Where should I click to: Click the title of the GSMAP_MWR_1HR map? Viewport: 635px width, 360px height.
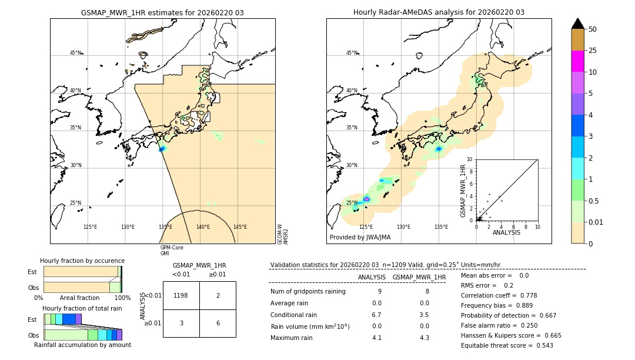click(x=162, y=12)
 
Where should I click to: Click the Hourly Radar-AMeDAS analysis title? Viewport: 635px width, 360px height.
click(x=439, y=12)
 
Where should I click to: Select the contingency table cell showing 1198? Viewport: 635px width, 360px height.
click(x=181, y=295)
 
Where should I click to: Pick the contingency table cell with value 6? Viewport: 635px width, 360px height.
click(x=218, y=323)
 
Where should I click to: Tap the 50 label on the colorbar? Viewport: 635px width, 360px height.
click(x=593, y=29)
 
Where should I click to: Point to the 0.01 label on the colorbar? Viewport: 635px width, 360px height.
click(x=596, y=222)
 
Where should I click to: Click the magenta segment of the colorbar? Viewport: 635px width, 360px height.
click(x=577, y=61)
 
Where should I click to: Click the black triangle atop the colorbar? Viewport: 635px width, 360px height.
click(x=577, y=24)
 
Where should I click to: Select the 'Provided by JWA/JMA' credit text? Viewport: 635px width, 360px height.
click(x=360, y=237)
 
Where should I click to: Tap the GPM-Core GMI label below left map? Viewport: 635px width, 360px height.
click(x=171, y=251)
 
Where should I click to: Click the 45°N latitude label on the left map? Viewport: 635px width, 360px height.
click(x=75, y=53)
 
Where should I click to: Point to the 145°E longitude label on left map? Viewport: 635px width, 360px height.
click(x=240, y=227)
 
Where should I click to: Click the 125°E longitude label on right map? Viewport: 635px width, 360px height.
click(x=366, y=227)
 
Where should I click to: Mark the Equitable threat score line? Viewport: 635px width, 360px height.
click(x=507, y=345)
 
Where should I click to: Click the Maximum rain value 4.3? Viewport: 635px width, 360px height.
click(x=424, y=338)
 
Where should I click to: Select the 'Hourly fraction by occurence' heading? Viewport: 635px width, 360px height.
click(x=82, y=261)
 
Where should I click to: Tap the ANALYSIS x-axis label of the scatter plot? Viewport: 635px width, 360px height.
click(x=506, y=232)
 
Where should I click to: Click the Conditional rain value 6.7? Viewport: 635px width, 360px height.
click(x=377, y=315)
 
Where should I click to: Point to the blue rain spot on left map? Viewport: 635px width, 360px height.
click(x=162, y=149)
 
